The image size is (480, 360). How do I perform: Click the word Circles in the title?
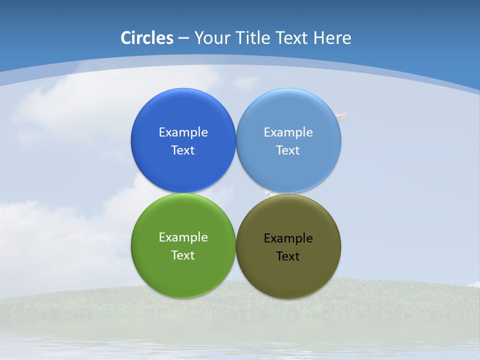point(147,38)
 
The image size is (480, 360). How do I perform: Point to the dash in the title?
point(183,38)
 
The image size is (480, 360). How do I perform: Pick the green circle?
point(183,275)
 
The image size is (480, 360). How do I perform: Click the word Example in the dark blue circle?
point(183,132)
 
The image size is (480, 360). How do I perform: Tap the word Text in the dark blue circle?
point(183,150)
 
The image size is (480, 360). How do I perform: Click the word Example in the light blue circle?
point(288,132)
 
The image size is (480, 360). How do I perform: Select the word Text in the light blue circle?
point(288,150)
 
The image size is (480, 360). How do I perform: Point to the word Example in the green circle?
point(183,237)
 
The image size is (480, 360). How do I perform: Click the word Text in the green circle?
point(183,255)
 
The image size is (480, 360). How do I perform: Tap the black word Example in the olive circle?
point(288,238)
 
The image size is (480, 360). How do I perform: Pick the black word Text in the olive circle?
point(288,256)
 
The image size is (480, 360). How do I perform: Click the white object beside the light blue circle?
point(342,117)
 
